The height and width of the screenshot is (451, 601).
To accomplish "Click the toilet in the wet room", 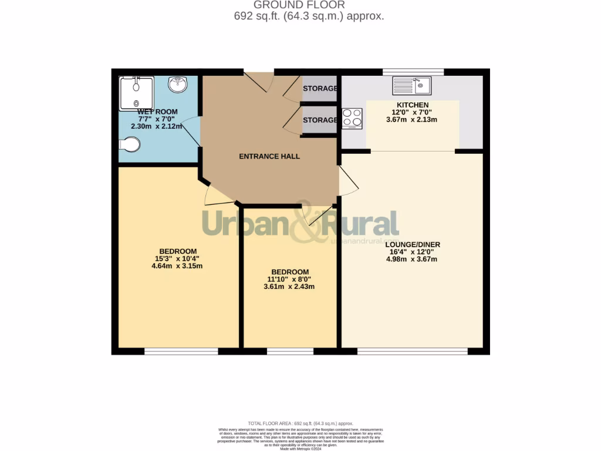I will [x=129, y=145].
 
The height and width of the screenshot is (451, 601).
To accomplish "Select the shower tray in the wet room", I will [x=136, y=93].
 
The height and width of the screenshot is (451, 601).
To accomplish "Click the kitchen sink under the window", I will [x=412, y=86].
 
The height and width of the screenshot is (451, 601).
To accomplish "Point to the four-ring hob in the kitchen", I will [x=352, y=118].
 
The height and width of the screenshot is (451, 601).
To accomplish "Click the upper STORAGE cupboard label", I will [x=320, y=89].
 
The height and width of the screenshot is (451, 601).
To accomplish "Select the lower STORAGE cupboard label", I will [x=320, y=120].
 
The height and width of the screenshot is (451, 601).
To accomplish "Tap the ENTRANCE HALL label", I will [x=269, y=156].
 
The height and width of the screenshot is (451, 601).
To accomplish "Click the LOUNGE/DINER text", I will [x=413, y=244].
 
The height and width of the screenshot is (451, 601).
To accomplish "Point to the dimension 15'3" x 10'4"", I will [x=177, y=258].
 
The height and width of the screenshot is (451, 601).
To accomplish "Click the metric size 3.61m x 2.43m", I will [x=289, y=287].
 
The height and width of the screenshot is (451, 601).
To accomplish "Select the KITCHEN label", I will [x=413, y=105].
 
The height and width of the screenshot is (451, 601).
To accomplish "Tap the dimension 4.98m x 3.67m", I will [x=413, y=259].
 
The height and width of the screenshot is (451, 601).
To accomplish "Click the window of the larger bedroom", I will [x=181, y=351].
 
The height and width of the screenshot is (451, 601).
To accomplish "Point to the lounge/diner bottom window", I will [x=413, y=351].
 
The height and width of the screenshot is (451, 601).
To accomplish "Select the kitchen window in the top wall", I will [x=413, y=72].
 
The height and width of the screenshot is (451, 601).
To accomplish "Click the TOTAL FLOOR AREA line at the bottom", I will [x=300, y=423].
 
